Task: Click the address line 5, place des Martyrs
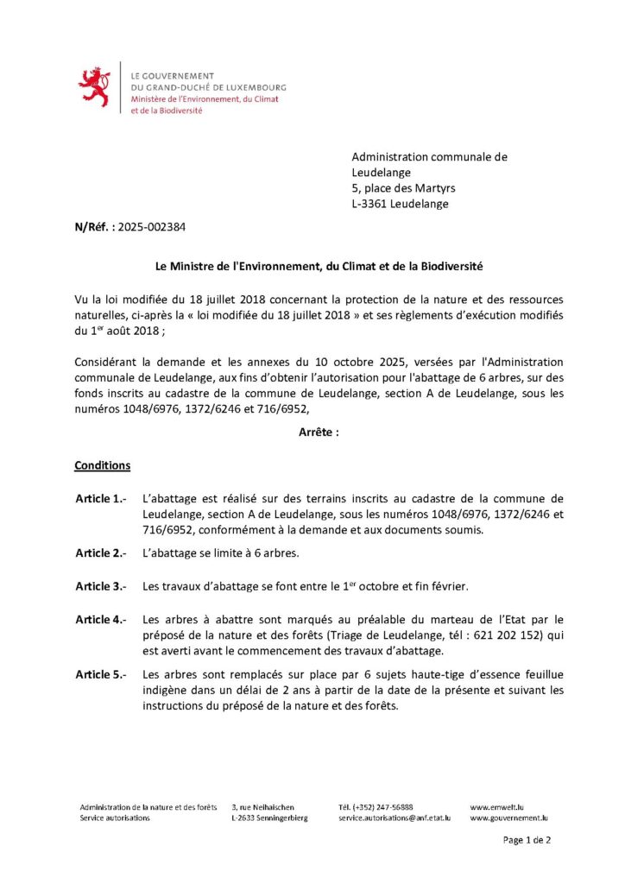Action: pos(403,188)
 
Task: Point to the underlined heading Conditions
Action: pos(102,465)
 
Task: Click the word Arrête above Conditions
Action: pos(312,433)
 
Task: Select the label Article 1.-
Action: pos(101,499)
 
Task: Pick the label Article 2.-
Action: pos(101,552)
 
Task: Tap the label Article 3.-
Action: pos(101,586)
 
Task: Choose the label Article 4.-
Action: pos(101,620)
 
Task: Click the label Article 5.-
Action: pos(101,674)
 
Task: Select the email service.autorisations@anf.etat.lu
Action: pos(395,818)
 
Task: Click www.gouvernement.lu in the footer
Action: pos(509,818)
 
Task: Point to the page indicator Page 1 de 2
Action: pos(527,840)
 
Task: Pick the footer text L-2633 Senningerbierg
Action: pos(268,818)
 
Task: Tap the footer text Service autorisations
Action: pos(114,818)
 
